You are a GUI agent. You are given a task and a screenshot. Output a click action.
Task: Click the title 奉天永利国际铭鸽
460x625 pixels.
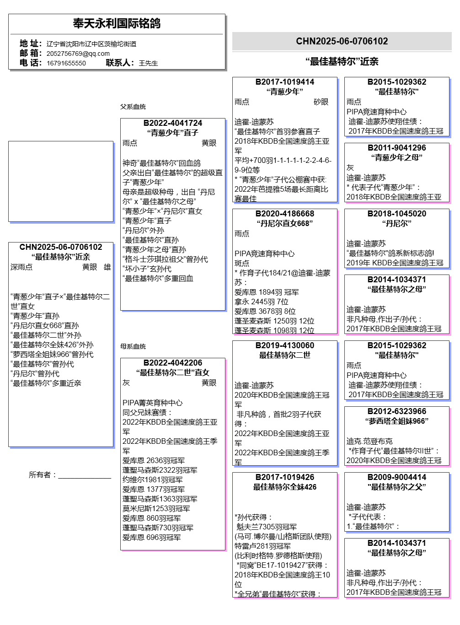click(117, 23)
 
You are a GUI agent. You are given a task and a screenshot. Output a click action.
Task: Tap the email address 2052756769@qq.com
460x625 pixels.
click(78, 53)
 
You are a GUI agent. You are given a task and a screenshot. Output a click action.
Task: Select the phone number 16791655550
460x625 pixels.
click(66, 63)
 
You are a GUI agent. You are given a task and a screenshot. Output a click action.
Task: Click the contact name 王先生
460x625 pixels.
click(148, 63)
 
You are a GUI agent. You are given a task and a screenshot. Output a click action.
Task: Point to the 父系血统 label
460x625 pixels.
click(133, 107)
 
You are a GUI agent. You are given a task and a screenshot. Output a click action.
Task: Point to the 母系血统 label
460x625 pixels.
click(133, 346)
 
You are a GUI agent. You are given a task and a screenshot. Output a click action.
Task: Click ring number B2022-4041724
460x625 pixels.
click(172, 123)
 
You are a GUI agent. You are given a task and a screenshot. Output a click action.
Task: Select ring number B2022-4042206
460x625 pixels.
click(172, 363)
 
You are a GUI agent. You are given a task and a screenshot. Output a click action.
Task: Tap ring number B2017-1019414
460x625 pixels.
click(284, 82)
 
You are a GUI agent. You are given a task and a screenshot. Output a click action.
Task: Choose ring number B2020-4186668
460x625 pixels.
click(284, 214)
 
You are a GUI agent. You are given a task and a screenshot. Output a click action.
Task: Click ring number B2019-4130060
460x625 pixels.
click(284, 345)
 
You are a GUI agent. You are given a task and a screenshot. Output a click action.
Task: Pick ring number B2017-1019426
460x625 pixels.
click(284, 477)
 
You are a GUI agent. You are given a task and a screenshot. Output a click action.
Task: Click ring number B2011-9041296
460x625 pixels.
click(396, 148)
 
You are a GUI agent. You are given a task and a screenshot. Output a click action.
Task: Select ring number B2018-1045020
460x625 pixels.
click(396, 214)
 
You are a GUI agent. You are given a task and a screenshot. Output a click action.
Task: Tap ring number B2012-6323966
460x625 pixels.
click(396, 411)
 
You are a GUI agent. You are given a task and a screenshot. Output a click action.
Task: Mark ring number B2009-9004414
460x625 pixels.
click(396, 477)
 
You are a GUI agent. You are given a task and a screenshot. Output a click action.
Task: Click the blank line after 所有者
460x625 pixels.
click(85, 475)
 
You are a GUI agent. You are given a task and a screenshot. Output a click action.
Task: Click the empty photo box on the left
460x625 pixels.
click(60, 181)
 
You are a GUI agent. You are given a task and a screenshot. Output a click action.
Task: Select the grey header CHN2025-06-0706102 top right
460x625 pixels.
click(342, 41)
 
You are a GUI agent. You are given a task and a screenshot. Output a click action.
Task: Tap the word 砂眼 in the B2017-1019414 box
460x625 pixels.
click(321, 102)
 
